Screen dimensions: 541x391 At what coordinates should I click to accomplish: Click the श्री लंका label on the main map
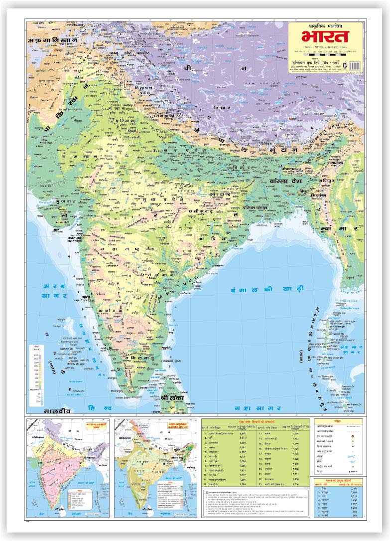(x=173, y=398)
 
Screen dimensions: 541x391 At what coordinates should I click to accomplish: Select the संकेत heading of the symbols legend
(x=337, y=421)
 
